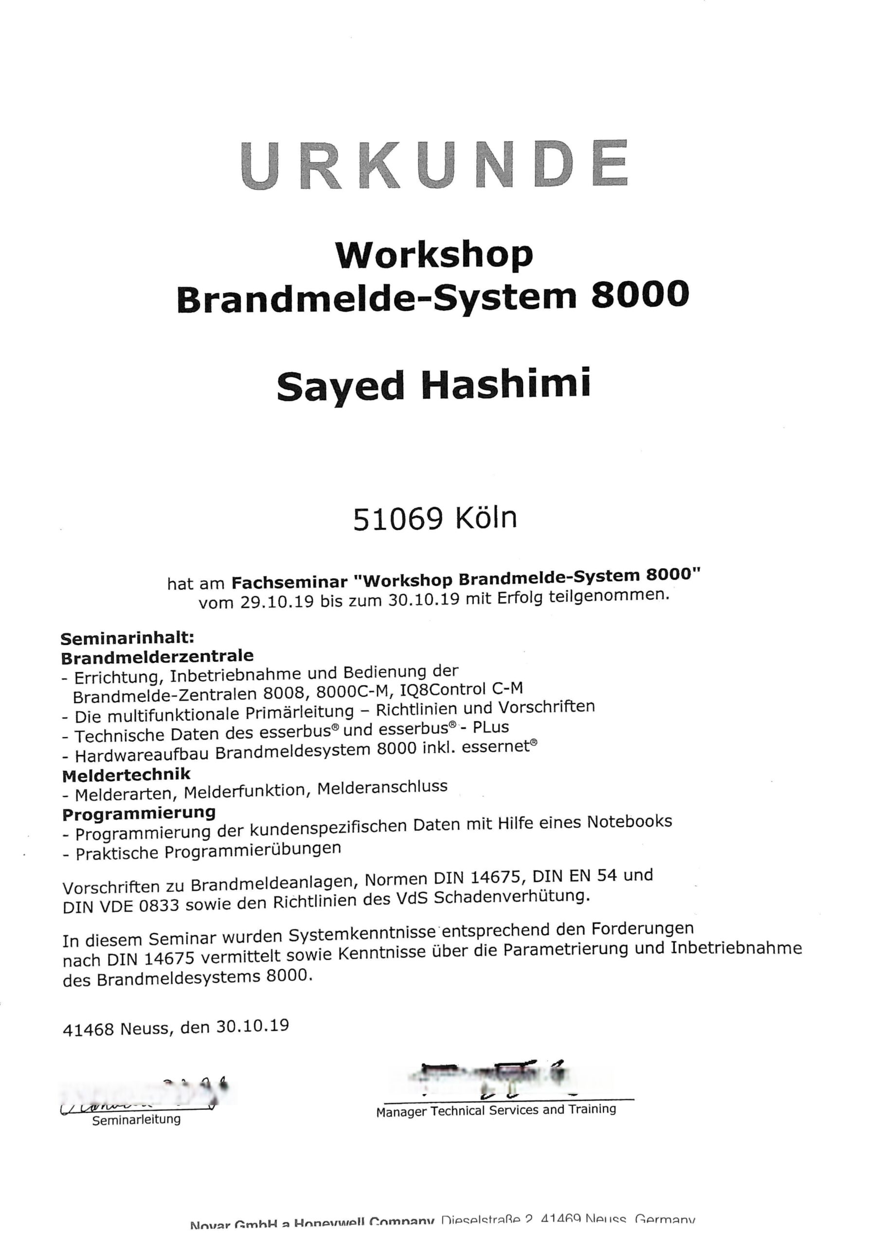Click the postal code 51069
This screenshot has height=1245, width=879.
click(398, 519)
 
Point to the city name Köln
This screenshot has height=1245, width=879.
click(486, 518)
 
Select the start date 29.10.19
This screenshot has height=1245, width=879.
click(277, 602)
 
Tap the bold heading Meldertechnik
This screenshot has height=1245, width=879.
click(126, 775)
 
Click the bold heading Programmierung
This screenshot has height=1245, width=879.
click(139, 813)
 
